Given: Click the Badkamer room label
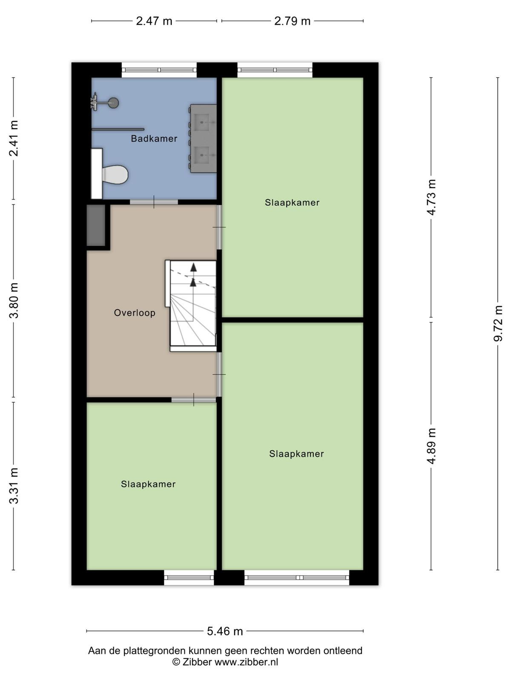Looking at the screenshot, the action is (x=154, y=139).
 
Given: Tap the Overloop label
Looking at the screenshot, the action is (x=135, y=312).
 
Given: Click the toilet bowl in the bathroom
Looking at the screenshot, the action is (x=115, y=174).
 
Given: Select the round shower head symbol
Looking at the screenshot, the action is (x=114, y=103).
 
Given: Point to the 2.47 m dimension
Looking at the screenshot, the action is (x=154, y=21).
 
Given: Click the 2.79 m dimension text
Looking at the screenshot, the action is (x=292, y=21).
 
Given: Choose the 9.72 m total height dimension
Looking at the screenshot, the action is (x=498, y=324).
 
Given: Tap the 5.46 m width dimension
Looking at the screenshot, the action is (x=225, y=631).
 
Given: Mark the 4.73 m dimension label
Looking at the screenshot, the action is (x=431, y=197).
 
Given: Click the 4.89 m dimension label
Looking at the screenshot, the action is (x=431, y=446).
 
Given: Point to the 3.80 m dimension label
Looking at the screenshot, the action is (x=14, y=301).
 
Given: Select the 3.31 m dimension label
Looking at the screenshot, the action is (x=14, y=485).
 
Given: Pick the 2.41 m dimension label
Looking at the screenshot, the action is (x=14, y=138).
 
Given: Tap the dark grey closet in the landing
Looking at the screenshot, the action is (x=96, y=225).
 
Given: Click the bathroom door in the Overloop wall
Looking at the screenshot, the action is (x=154, y=202).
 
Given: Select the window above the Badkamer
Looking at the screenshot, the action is (x=159, y=70).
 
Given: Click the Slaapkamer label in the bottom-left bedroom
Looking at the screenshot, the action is (x=148, y=484).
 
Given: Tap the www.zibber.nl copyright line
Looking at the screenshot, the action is (x=225, y=662).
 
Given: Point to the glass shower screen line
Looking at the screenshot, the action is (x=118, y=129).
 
